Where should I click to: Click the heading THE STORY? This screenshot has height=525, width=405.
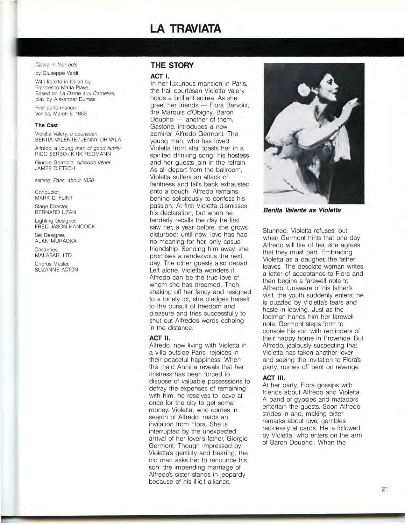(x=172, y=66)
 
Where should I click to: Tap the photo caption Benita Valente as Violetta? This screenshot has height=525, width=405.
(x=302, y=210)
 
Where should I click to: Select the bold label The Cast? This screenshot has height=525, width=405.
(x=46, y=125)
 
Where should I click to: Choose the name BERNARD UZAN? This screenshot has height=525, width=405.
(x=55, y=212)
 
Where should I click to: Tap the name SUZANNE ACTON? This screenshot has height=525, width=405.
(x=56, y=270)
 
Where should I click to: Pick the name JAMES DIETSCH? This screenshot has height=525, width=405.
(x=55, y=169)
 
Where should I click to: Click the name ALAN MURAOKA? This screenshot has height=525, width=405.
(x=55, y=241)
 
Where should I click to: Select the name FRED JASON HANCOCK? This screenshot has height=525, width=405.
(x=65, y=226)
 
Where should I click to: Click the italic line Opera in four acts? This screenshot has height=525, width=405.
(x=56, y=65)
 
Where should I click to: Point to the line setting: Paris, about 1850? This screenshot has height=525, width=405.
(x=64, y=180)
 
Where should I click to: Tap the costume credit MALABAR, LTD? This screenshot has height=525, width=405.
(x=54, y=255)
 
